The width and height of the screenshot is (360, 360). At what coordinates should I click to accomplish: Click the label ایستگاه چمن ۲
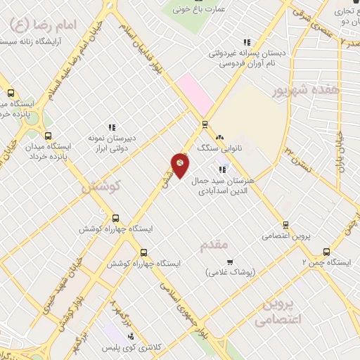coord(326,262)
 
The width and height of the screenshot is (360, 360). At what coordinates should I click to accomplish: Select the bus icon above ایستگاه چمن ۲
coord(326,251)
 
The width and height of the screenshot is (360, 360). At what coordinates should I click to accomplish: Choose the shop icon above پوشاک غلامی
coord(229,262)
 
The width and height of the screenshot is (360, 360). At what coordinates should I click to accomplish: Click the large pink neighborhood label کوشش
coord(101,186)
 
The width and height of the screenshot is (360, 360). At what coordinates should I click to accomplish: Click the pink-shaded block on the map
coord(195,94)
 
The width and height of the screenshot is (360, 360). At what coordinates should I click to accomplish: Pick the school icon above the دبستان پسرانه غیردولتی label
coord(246,42)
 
